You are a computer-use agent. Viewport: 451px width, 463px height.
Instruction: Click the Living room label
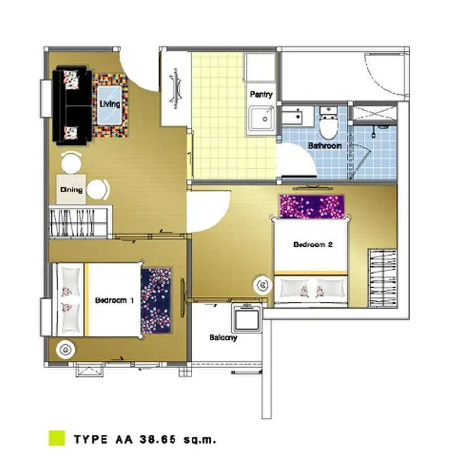[x=109, y=104]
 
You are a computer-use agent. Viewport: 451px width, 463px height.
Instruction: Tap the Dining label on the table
[x=71, y=190]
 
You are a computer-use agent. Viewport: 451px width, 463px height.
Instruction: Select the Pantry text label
[x=261, y=94]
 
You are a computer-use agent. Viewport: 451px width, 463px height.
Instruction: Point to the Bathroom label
[x=324, y=146]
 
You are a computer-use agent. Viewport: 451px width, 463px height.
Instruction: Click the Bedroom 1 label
[x=114, y=300]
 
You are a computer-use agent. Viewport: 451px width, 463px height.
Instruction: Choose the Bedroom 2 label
[x=313, y=244]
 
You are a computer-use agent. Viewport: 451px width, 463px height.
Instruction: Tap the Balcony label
[x=223, y=338]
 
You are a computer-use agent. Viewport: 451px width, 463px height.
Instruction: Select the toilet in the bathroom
[x=329, y=123]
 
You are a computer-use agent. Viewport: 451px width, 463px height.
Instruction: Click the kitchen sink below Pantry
[x=261, y=119]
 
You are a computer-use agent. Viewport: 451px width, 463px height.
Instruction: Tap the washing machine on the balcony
[x=247, y=318]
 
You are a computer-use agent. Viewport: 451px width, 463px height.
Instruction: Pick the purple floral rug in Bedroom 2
[x=312, y=206]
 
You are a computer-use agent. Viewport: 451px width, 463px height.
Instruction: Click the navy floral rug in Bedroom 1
[x=156, y=301]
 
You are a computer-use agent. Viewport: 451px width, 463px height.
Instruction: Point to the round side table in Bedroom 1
[x=65, y=350]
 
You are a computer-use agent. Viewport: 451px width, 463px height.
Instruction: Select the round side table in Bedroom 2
[x=263, y=285]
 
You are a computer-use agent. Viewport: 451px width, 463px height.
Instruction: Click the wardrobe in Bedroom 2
[x=382, y=278]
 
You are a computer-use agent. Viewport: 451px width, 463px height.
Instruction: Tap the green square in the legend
[x=57, y=438]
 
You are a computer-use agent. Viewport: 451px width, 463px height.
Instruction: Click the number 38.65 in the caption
[x=158, y=440]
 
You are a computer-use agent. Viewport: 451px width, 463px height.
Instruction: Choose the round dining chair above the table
[x=71, y=162]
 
